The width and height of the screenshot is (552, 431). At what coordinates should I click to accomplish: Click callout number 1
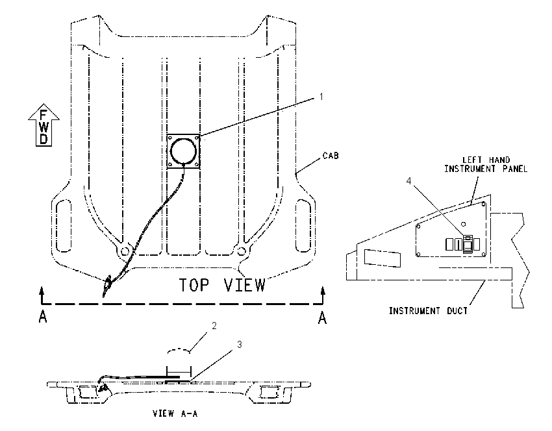(321, 97)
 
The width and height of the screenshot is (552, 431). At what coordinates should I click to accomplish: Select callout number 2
(214, 326)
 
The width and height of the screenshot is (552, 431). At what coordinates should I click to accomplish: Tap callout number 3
(240, 345)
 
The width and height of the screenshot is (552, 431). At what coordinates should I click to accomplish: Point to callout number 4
(408, 181)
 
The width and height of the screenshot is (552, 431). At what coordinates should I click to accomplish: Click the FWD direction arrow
(44, 125)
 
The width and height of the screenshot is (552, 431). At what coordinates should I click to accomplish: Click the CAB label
(331, 156)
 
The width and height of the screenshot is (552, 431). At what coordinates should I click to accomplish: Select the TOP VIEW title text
(223, 285)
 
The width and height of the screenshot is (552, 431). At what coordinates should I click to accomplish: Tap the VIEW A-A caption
(175, 413)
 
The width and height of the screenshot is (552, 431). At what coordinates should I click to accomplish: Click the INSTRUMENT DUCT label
(428, 311)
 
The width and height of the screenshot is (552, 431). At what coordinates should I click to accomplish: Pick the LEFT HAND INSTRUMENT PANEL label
(486, 165)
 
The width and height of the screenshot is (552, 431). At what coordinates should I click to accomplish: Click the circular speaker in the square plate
(183, 151)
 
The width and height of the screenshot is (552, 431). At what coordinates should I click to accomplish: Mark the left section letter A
(43, 317)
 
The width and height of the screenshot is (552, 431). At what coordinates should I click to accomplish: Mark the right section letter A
(323, 317)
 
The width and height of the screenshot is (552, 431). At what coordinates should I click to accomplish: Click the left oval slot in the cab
(64, 226)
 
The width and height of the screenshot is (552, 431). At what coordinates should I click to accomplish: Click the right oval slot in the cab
(303, 226)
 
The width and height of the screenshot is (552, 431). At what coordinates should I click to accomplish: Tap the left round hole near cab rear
(125, 251)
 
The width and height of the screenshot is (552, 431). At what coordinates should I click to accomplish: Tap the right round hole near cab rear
(242, 251)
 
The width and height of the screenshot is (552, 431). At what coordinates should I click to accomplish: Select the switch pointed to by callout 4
(468, 244)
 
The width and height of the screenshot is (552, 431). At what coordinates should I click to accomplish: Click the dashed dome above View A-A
(179, 350)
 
